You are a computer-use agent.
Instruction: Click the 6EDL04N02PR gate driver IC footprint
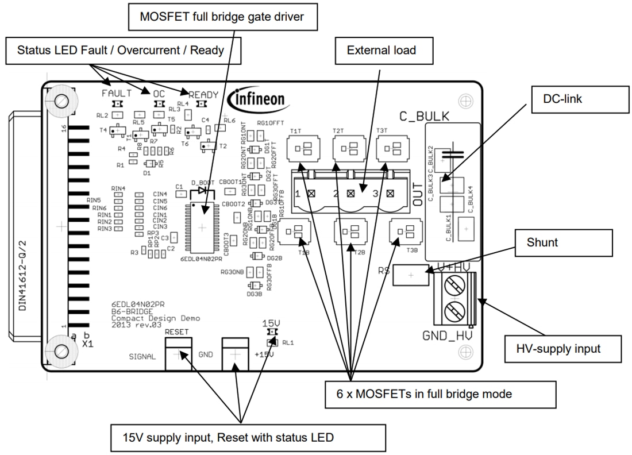[202, 228]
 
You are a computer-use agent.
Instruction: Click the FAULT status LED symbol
[117, 104]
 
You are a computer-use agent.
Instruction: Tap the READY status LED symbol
[202, 104]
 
